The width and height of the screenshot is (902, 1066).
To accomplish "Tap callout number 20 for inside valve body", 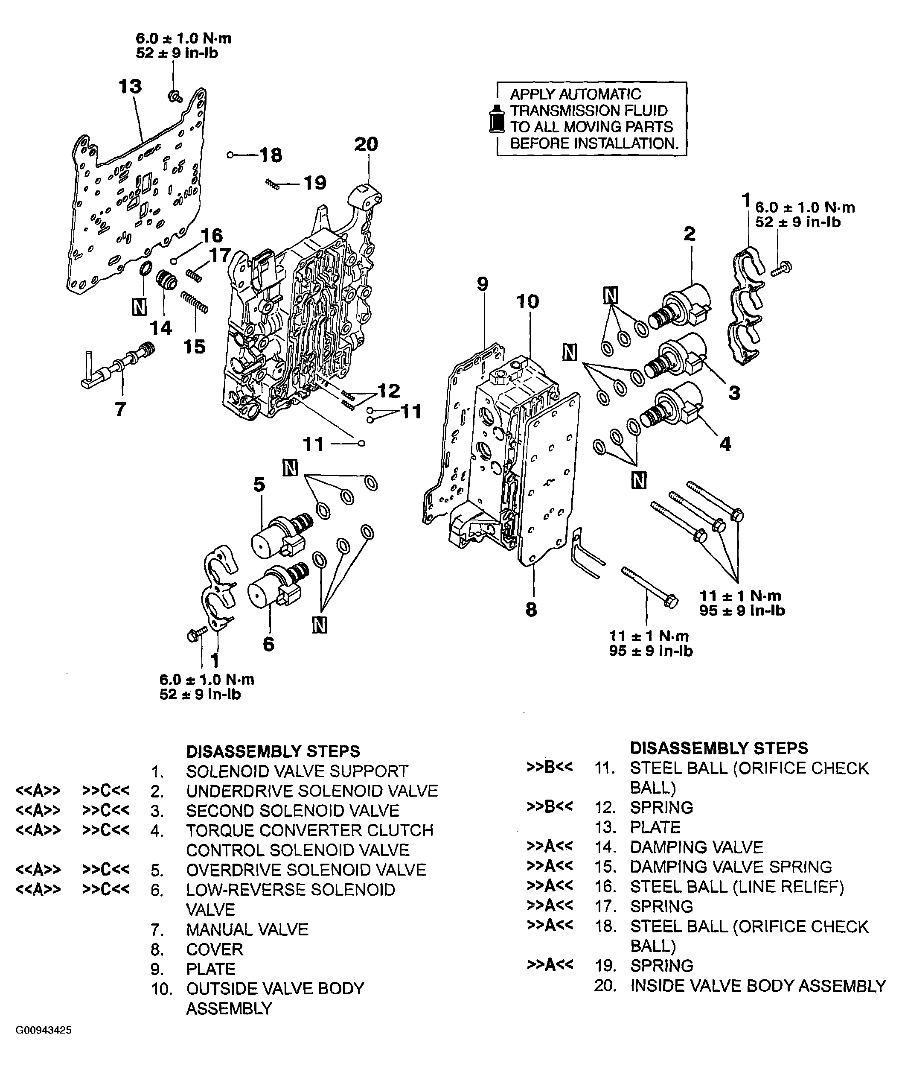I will point(366,144).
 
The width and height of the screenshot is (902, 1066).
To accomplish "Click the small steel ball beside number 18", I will point(230,155).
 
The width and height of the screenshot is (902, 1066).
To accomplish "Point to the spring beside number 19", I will point(273,184).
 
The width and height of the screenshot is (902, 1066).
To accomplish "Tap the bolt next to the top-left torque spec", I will point(176,95).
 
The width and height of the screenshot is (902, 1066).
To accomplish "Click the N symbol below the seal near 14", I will point(139,307).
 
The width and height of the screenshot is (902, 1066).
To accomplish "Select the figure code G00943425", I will point(44,1030).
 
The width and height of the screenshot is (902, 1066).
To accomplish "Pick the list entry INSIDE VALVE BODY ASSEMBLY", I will point(758,985).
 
